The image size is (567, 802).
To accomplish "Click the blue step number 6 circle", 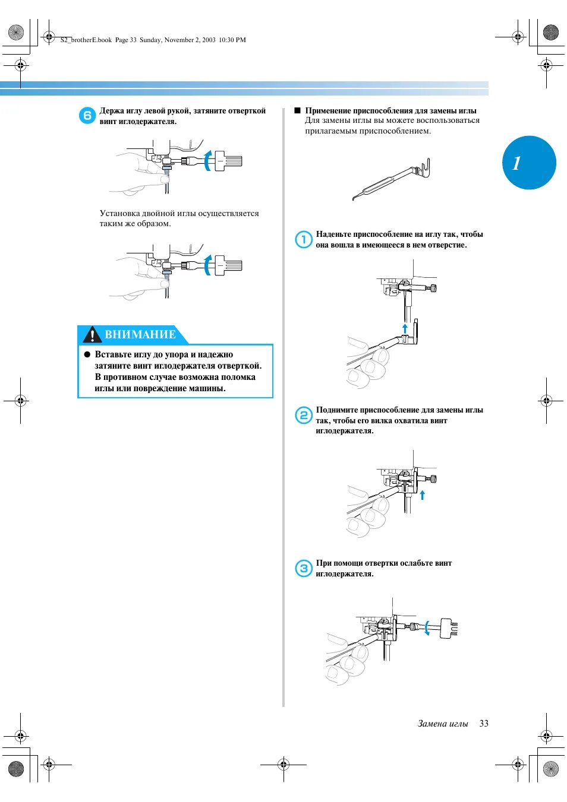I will coord(87,116).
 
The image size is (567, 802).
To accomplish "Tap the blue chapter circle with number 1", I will coord(529,163).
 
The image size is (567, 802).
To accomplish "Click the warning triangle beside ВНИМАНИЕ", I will coord(92,335).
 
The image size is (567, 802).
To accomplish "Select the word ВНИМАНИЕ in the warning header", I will coord(140,335).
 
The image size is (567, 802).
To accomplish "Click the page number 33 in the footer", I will coord(484,723).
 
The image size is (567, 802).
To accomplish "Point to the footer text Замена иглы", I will coord(443,723).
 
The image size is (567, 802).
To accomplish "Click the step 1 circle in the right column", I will coord(304,239).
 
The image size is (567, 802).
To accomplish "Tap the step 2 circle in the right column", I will coord(304,415).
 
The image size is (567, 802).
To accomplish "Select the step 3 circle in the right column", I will coord(304,568).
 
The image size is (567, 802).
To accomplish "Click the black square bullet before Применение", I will coord(298,110).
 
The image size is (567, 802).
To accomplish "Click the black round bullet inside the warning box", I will coord(87,354).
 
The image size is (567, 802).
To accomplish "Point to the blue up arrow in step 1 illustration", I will coord(405,328).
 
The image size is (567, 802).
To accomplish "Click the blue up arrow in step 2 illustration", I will coord(423,494).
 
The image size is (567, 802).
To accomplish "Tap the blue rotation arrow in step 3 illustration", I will coord(427,627).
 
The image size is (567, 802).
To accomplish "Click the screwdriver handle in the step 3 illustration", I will coord(449,628).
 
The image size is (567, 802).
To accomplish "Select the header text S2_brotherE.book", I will coord(86,40).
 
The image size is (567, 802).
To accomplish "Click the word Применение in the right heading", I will coord(328,110).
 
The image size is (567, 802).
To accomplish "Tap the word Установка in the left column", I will coord(119,213).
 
